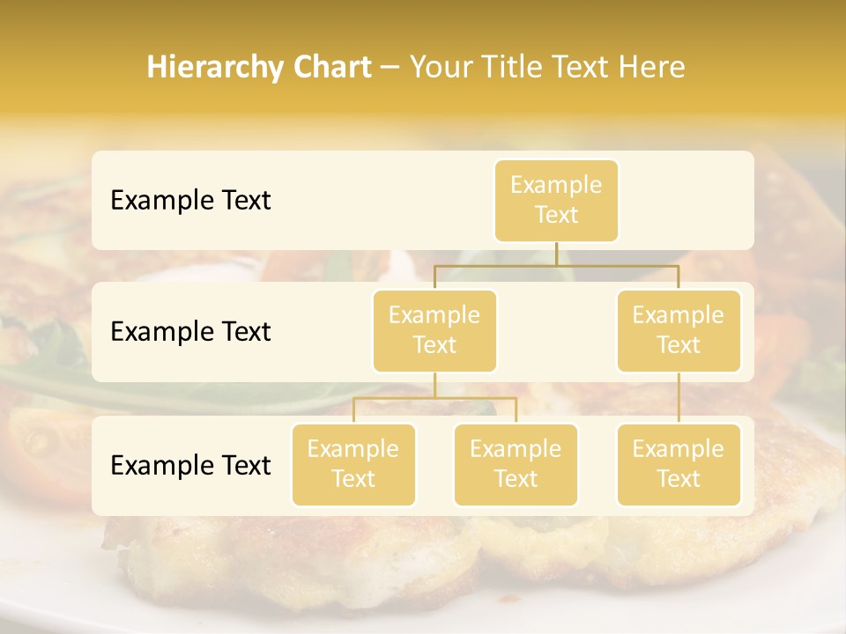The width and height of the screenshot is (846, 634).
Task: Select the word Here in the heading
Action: (651, 68)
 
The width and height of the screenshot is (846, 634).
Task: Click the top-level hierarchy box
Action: (556, 200)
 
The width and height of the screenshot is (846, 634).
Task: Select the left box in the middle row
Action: (434, 330)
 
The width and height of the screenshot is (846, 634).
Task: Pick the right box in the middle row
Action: (679, 330)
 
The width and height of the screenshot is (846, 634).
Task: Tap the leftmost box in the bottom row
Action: (353, 464)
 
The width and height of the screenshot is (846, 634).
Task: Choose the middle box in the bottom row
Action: (516, 464)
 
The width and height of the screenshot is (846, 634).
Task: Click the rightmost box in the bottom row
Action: (679, 464)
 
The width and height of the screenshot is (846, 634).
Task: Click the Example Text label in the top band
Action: (190, 200)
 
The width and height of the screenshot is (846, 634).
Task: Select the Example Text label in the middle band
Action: (190, 331)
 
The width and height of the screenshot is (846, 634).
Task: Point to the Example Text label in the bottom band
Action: (190, 465)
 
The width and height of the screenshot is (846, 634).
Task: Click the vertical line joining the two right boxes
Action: (679, 397)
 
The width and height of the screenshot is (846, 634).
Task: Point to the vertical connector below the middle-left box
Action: (434, 385)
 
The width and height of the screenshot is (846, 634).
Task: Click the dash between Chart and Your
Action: (390, 68)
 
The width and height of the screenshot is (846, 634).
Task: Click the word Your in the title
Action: (440, 68)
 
